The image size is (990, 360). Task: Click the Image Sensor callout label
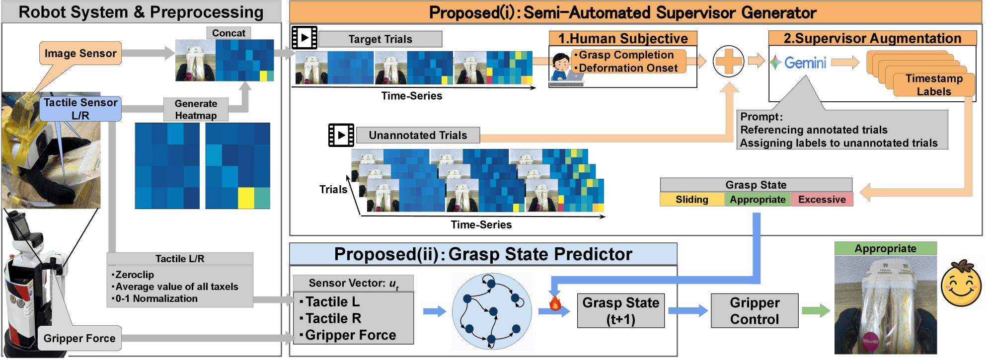pyautogui.click(x=80, y=53)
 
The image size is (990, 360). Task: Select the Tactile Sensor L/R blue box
pyautogui.click(x=80, y=109)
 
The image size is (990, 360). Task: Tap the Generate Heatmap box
pyautogui.click(x=196, y=109)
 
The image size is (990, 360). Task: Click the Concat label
pyautogui.click(x=228, y=33)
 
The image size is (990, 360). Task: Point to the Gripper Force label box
pyautogui.click(x=79, y=338)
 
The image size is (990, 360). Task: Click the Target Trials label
pyautogui.click(x=380, y=39)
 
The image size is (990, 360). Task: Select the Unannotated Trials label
pyautogui.click(x=418, y=135)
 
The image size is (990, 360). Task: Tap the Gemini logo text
pyautogui.click(x=805, y=63)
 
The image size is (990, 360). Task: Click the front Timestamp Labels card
pyautogui.click(x=934, y=85)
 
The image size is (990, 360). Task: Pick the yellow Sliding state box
pyautogui.click(x=692, y=199)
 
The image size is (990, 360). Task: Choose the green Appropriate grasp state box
pyautogui.click(x=758, y=199)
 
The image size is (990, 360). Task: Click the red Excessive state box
pyautogui.click(x=822, y=199)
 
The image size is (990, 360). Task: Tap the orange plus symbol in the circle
pyautogui.click(x=728, y=62)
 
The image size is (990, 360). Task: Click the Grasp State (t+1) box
pyautogui.click(x=621, y=311)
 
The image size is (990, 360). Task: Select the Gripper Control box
pyautogui.click(x=755, y=311)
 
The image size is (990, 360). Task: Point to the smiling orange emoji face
pyautogui.click(x=961, y=283)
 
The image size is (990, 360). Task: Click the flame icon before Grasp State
pyautogui.click(x=555, y=302)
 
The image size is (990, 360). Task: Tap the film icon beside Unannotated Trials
pyautogui.click(x=341, y=135)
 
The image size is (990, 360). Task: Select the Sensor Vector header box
pyautogui.click(x=353, y=283)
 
